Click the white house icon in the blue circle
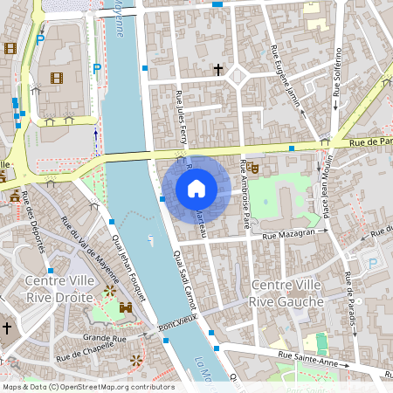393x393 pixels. (x=196, y=188)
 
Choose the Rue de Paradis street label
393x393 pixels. (x=351, y=302)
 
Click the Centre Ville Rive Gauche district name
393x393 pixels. (x=286, y=293)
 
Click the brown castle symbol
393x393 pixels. (x=125, y=307)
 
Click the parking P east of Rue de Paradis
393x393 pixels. (x=374, y=262)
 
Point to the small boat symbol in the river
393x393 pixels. (x=151, y=238)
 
